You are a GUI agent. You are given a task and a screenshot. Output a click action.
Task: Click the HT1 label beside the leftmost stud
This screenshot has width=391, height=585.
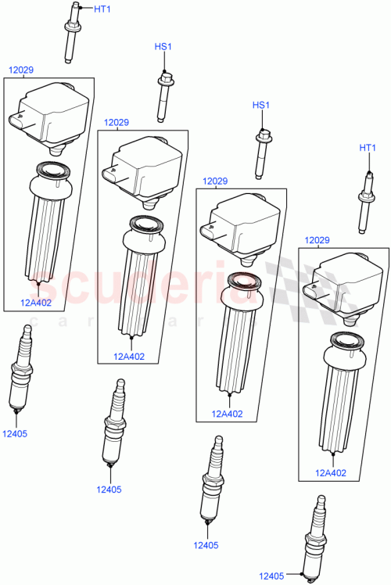coord(102,9)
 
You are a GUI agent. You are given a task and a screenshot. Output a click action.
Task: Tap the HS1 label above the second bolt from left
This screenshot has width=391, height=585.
coord(163,48)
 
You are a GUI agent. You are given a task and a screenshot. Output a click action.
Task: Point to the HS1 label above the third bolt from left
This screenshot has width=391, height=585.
coord(260,106)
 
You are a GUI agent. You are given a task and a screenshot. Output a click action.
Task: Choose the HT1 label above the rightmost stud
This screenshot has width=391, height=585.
coord(368,147)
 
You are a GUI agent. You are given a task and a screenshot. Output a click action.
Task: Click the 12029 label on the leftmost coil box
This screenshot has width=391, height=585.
coord(21,70)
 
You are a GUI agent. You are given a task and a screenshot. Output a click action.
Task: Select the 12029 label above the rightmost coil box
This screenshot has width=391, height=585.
coord(317,240)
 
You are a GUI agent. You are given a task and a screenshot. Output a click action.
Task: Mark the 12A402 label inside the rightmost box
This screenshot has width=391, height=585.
coord(330,472)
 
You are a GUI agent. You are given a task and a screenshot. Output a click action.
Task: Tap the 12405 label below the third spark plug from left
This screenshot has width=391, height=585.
coord(206,545)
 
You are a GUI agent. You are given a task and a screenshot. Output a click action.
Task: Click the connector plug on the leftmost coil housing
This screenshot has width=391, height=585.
coord(19,121)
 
